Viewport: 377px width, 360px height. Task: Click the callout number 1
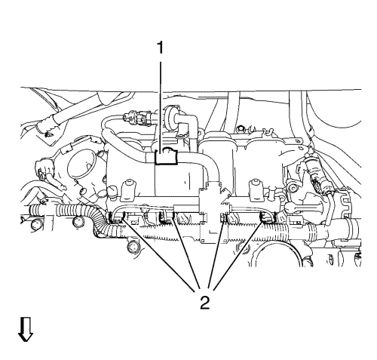click(x=160, y=48)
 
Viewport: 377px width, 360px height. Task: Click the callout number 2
click(x=205, y=303)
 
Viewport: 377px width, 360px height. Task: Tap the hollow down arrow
click(x=26, y=329)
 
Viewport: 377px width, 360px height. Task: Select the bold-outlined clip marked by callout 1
click(x=167, y=157)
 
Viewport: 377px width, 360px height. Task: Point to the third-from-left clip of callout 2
click(x=225, y=217)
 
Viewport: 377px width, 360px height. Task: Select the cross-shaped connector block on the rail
click(x=213, y=213)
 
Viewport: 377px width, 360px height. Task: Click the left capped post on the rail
click(x=128, y=190)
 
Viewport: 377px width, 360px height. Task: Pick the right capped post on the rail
click(x=256, y=190)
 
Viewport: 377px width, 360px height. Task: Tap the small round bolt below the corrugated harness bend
click(x=133, y=247)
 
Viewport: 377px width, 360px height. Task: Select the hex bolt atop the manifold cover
click(x=241, y=128)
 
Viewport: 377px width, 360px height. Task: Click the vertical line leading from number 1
click(x=160, y=104)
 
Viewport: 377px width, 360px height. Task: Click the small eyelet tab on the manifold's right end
click(x=299, y=141)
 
